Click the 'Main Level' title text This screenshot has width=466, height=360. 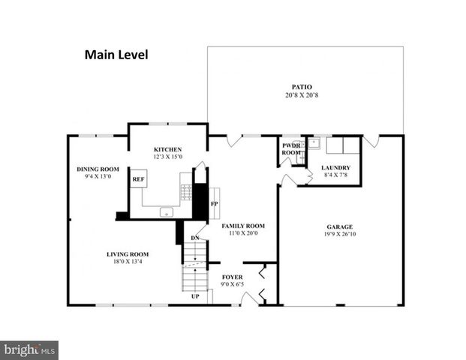pos(116,54)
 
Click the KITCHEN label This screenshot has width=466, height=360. pos(168,148)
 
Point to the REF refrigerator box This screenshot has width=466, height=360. pos(138,179)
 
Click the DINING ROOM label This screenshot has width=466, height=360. pos(98,169)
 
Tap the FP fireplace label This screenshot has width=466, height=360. pos(214,203)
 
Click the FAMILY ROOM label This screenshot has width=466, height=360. pos(242,226)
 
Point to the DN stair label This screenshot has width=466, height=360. pos(194,238)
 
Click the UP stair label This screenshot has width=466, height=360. pos(195,296)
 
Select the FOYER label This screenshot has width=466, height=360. pos(233,277)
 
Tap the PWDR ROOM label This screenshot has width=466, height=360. pos(290,148)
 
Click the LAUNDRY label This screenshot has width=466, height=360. pos(335,167)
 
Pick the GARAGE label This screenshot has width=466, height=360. pos(339,226)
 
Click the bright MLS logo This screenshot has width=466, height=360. pos(29,349)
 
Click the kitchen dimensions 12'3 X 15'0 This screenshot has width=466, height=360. pos(168,157)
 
